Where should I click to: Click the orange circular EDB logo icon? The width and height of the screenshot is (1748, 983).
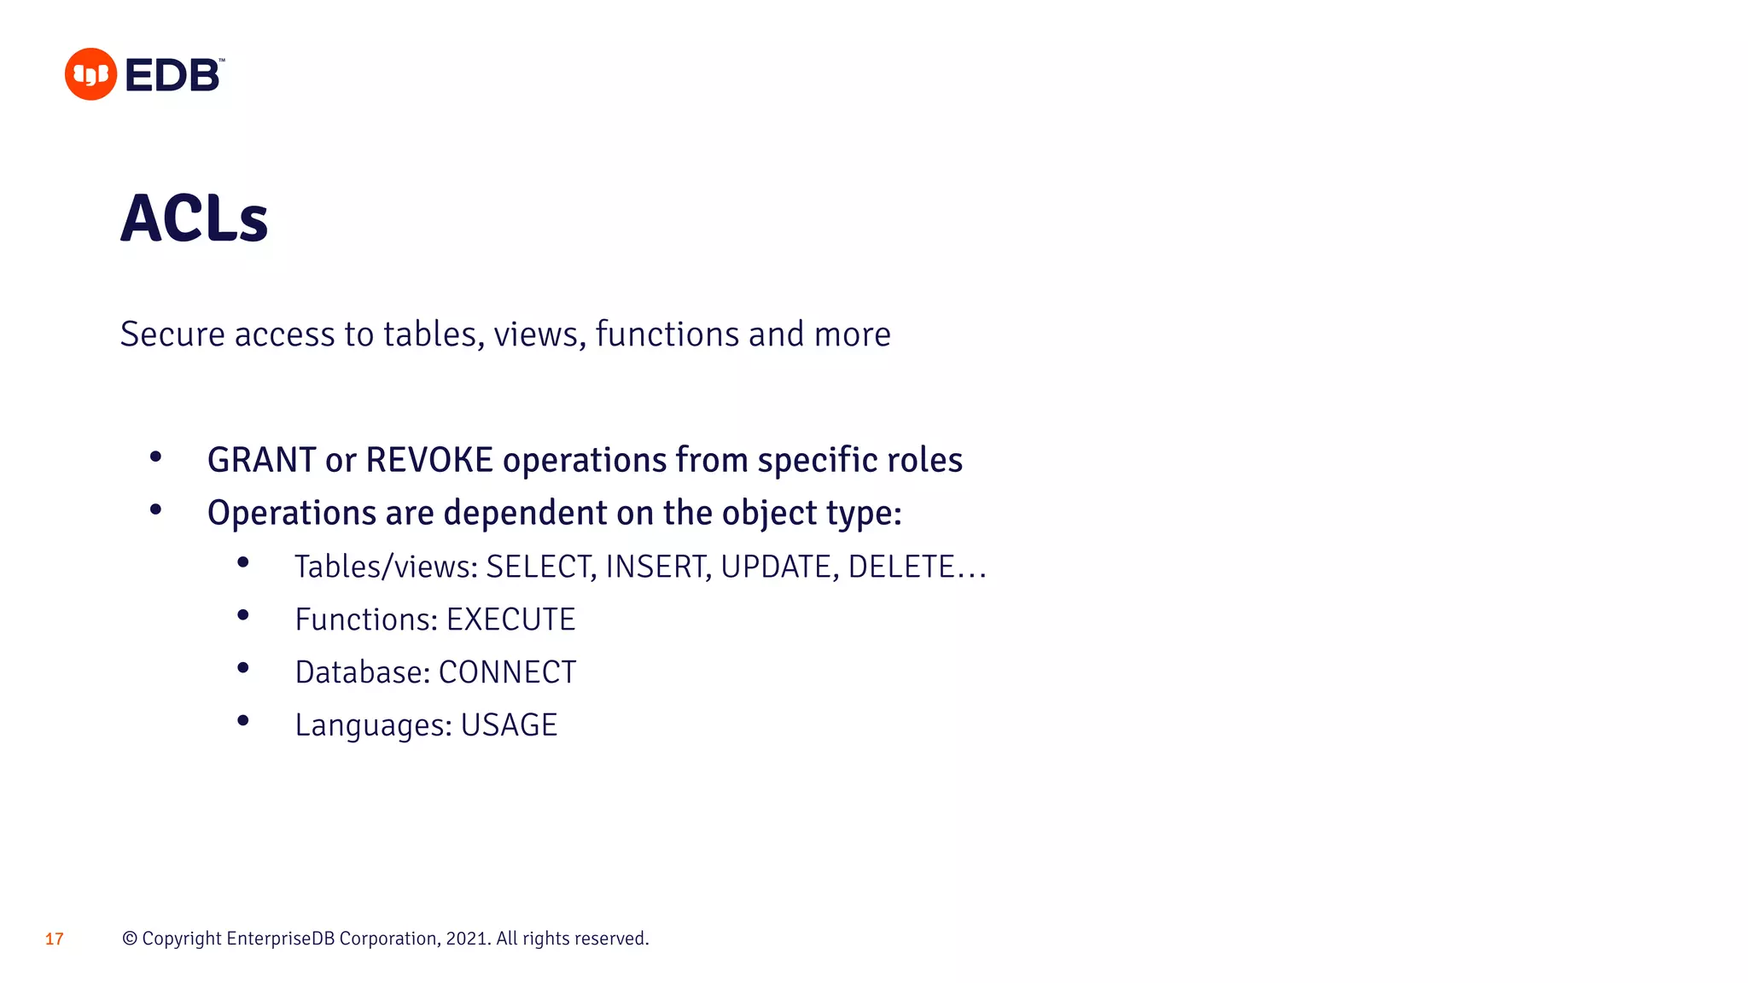[90, 74]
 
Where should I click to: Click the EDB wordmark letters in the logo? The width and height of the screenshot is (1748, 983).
[173, 75]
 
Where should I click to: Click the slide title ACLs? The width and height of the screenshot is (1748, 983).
[195, 218]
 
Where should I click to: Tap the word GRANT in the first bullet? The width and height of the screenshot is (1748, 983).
[261, 460]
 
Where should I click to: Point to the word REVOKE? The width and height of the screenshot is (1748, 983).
[429, 460]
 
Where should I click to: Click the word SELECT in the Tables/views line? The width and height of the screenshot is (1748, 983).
[539, 567]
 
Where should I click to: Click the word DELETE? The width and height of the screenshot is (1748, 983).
[901, 567]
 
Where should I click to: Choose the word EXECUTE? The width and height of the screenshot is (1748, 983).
[510, 619]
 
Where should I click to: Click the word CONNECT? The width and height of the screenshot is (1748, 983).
[507, 672]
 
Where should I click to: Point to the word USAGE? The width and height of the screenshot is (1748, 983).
[509, 725]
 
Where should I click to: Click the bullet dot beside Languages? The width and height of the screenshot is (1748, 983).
[243, 721]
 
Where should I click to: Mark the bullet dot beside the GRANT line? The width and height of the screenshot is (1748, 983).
[155, 457]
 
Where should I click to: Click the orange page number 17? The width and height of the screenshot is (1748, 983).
[55, 939]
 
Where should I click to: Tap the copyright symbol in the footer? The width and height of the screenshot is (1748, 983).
[130, 939]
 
